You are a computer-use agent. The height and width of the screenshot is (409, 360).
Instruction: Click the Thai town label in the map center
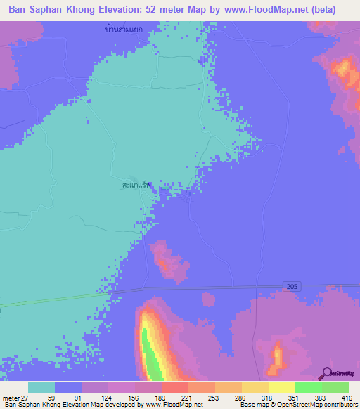(x=137, y=186)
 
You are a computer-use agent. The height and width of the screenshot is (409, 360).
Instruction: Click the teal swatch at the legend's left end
(x=41, y=387)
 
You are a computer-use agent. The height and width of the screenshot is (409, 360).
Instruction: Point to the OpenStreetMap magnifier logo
(x=325, y=373)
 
